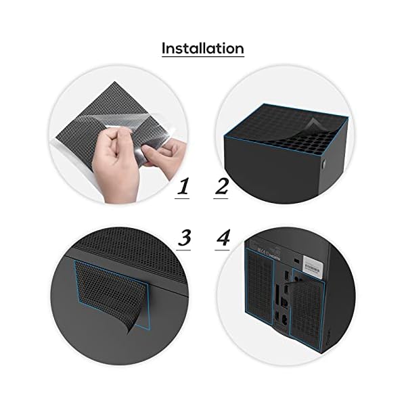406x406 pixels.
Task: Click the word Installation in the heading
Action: point(203,48)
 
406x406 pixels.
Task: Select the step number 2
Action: point(222,186)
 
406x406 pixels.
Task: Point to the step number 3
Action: point(184,238)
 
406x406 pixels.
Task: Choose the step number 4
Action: point(223,238)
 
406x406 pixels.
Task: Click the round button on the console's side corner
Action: point(323,164)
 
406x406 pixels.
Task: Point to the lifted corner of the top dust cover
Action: point(313,124)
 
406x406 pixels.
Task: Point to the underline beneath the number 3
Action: point(183,250)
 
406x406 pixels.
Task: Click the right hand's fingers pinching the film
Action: point(150,152)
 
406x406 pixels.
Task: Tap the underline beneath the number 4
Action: point(222,250)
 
